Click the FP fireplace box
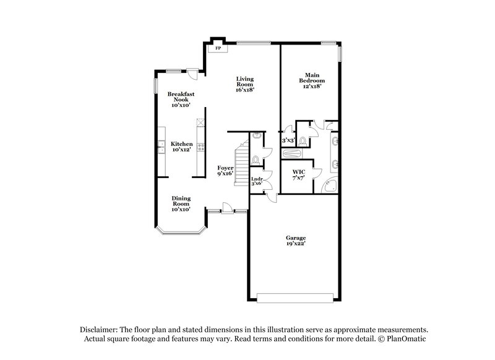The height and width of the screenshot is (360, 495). click(217, 47)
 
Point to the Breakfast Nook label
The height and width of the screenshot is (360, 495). click(181, 100)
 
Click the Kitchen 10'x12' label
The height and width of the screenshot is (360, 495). click(182, 147)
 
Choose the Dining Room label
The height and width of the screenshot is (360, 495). click(181, 204)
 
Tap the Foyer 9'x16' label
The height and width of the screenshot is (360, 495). click(225, 171)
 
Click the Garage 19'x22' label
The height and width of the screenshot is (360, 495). click(296, 241)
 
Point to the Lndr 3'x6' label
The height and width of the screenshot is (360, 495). click(257, 182)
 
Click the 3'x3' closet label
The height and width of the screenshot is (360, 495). click(288, 141)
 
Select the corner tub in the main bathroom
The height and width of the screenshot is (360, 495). click(332, 186)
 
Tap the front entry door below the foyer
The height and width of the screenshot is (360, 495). click(227, 208)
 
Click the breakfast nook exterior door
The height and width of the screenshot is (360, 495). click(193, 73)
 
